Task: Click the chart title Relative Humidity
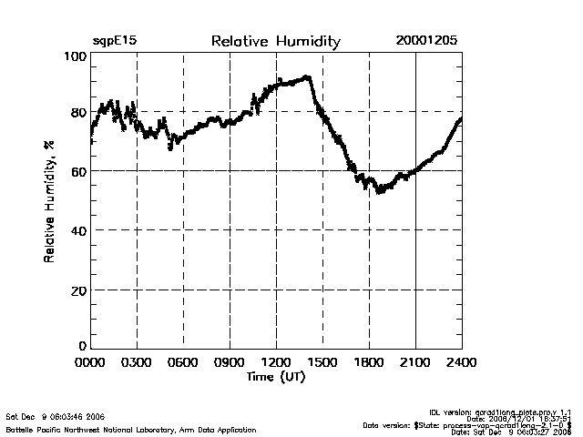275,42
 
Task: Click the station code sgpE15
115,42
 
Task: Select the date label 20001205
426,42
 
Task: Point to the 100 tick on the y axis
76,56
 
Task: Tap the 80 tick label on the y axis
78,113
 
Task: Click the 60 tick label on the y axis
78,171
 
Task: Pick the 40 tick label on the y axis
78,230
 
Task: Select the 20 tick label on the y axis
78,290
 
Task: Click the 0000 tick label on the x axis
91,362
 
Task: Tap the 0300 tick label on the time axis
137,362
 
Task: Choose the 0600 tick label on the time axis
183,362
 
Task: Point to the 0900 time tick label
230,362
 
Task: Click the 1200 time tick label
276,362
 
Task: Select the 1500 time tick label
322,362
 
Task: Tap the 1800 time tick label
369,362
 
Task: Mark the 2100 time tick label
415,362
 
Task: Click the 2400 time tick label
461,362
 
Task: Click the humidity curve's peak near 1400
307,77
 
